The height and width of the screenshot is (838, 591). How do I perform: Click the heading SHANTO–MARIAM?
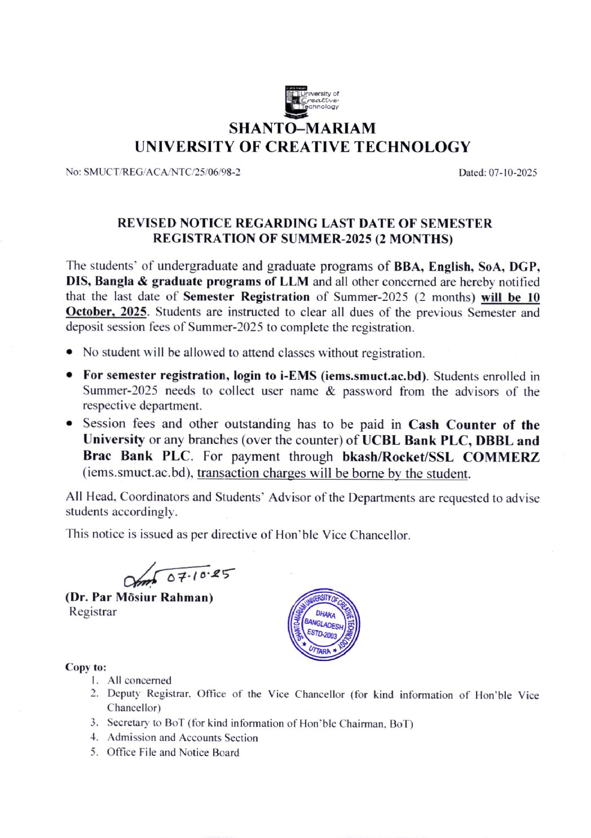302,128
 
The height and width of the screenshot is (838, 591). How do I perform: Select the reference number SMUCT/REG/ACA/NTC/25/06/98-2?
162,172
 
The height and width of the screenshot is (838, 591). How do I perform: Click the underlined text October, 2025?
107,312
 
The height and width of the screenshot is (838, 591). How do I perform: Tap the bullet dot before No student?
69,352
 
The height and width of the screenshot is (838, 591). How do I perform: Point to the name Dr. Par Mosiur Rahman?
140,597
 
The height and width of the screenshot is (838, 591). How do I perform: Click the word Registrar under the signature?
92,611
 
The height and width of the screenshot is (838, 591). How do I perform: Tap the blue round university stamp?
324,625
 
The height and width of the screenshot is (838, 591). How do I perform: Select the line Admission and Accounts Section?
182,738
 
